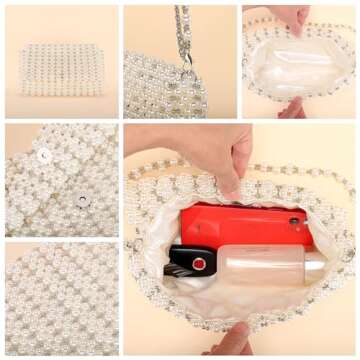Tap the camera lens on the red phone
pyautogui.click(x=294, y=221)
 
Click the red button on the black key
pyautogui.click(x=199, y=263)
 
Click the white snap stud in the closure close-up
pyautogui.click(x=43, y=155)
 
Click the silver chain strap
pyautogui.click(x=182, y=30)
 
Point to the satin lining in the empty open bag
pyautogui.click(x=298, y=58)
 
